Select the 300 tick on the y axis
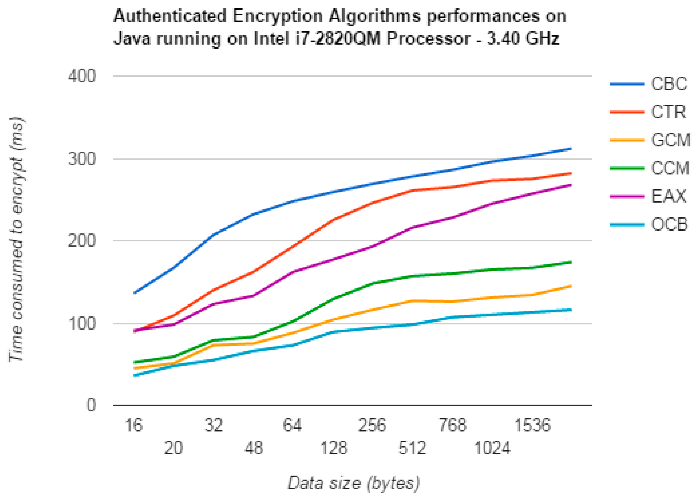point(82,159)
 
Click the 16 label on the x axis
point(134,426)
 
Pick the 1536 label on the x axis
point(532,426)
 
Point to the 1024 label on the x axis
point(492,448)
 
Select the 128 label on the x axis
point(334,448)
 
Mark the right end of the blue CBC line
point(571,149)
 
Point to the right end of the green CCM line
point(571,262)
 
